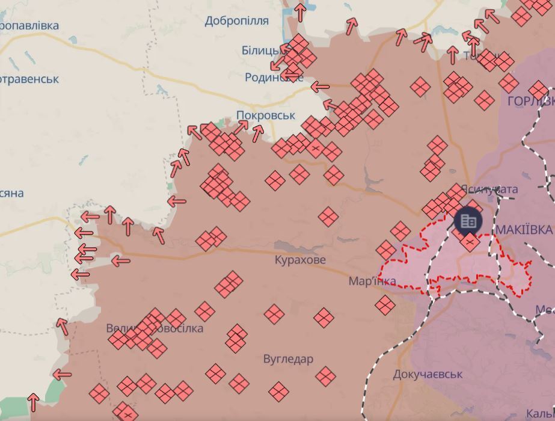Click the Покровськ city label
(x=265, y=115)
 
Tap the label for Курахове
(x=300, y=260)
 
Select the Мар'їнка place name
(x=372, y=281)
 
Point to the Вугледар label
(x=288, y=359)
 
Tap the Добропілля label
(x=236, y=21)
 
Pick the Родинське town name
(x=269, y=77)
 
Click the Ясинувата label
(x=490, y=189)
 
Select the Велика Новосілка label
(x=155, y=328)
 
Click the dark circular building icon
(x=468, y=221)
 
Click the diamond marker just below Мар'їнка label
(x=385, y=305)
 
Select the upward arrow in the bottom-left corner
(x=34, y=402)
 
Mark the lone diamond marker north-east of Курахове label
(x=328, y=217)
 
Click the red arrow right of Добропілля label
(x=299, y=12)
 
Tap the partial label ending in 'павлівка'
(x=29, y=26)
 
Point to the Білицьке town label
(x=259, y=50)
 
